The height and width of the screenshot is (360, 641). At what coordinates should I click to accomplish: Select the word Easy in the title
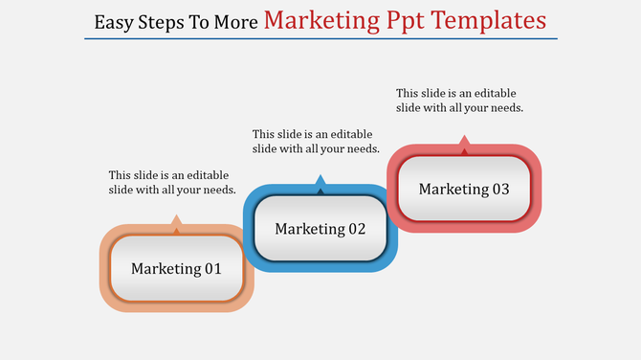click(116, 21)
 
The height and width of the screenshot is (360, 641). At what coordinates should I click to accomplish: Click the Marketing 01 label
click(176, 269)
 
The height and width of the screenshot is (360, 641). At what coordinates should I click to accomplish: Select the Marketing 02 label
click(320, 229)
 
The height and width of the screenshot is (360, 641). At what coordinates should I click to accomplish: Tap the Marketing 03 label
click(464, 189)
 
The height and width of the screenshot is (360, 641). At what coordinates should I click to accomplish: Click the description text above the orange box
click(172, 183)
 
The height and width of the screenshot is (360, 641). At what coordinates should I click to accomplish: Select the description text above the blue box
click(317, 142)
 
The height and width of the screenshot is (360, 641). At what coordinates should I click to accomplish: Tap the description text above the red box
click(460, 101)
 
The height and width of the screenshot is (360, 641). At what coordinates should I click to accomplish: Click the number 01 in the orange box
click(211, 269)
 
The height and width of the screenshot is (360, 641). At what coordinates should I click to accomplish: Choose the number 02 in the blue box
click(356, 229)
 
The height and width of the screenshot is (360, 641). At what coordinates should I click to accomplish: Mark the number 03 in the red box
click(499, 189)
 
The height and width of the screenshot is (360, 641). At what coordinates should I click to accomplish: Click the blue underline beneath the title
click(320, 39)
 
